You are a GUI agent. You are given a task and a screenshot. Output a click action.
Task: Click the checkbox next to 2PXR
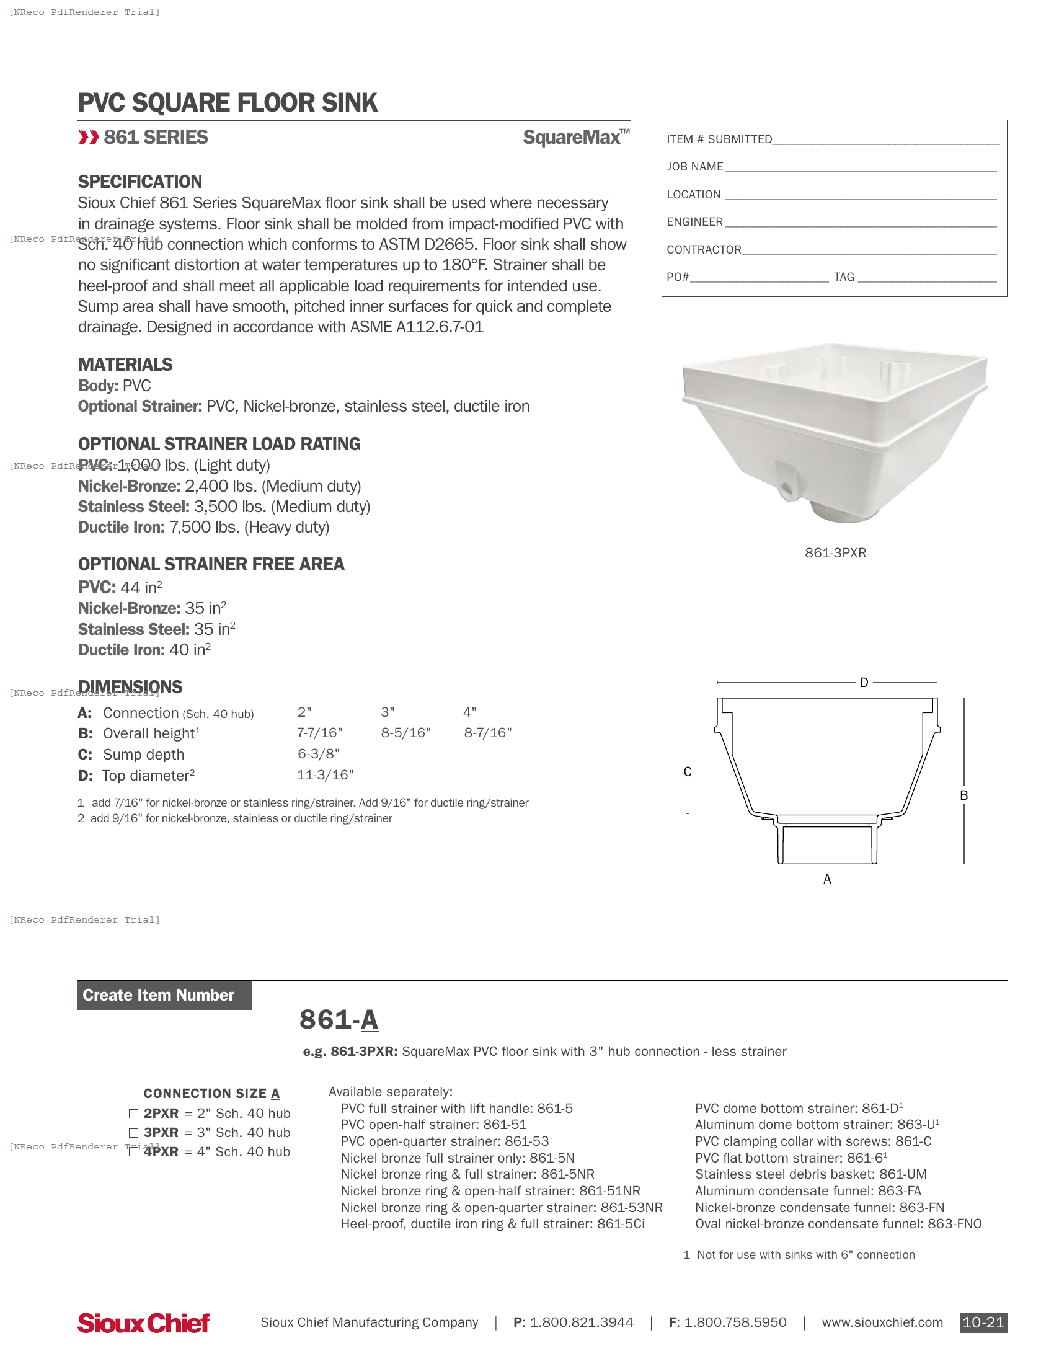pyautogui.click(x=133, y=1114)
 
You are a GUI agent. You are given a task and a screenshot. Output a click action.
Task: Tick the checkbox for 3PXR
pyautogui.click(x=133, y=1133)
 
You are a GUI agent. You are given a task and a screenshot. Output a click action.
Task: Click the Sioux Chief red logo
pyautogui.click(x=143, y=1322)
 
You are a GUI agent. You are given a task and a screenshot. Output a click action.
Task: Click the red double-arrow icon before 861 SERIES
pyautogui.click(x=89, y=138)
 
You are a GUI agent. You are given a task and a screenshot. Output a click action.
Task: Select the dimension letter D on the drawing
pyautogui.click(x=864, y=683)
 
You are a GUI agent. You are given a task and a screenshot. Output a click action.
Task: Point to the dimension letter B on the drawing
pyautogui.click(x=963, y=795)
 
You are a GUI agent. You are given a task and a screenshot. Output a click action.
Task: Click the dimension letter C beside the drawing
pyautogui.click(x=688, y=772)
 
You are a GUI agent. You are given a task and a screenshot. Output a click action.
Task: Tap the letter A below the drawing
pyautogui.click(x=827, y=879)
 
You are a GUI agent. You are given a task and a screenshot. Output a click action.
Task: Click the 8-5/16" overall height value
pyautogui.click(x=406, y=733)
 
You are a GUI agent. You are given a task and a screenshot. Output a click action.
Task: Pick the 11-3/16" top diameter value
pyautogui.click(x=325, y=775)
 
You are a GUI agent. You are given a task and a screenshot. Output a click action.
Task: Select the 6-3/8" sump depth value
pyautogui.click(x=319, y=754)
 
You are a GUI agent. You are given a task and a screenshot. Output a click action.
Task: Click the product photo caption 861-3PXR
pyautogui.click(x=835, y=552)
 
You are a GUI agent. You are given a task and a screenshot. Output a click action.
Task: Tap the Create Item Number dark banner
pyautogui.click(x=164, y=995)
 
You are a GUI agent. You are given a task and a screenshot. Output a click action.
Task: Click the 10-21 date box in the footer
pyautogui.click(x=983, y=1322)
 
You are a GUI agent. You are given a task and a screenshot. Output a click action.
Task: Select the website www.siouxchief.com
pyautogui.click(x=882, y=1322)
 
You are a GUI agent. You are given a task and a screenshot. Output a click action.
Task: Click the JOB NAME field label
pyautogui.click(x=694, y=167)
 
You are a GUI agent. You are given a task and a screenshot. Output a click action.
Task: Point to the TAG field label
pyautogui.click(x=844, y=277)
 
